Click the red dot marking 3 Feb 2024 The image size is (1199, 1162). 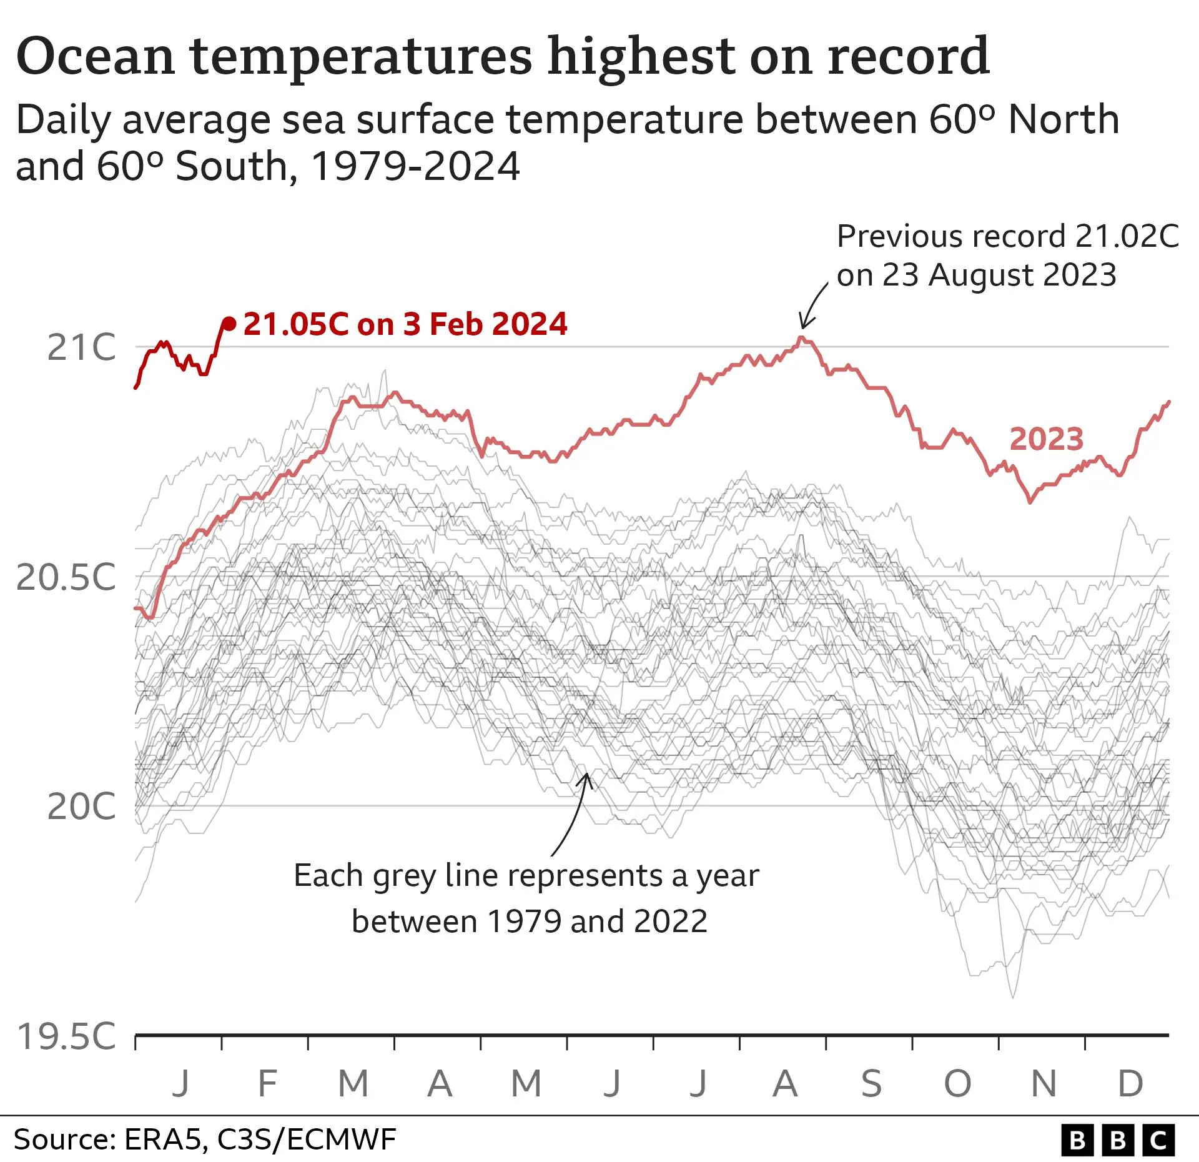pyautogui.click(x=229, y=324)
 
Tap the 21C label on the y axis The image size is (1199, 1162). pyautogui.click(x=81, y=347)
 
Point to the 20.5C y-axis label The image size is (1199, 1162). pyautogui.click(x=66, y=577)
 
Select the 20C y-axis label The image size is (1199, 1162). pyautogui.click(x=81, y=807)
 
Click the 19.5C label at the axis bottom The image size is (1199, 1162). pyautogui.click(x=66, y=1036)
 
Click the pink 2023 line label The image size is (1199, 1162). pyautogui.click(x=1046, y=439)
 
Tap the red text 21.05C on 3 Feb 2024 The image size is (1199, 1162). pyautogui.click(x=405, y=324)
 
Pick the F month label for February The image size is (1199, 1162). pyautogui.click(x=267, y=1084)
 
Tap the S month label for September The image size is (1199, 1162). pyautogui.click(x=871, y=1084)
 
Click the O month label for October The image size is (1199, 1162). pyautogui.click(x=957, y=1084)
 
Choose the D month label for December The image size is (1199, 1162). pyautogui.click(x=1130, y=1084)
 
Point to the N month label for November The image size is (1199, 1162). pyautogui.click(x=1044, y=1084)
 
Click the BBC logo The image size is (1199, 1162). pyautogui.click(x=1118, y=1140)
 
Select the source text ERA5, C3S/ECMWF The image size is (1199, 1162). pyautogui.click(x=260, y=1140)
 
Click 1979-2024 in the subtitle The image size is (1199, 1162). pyautogui.click(x=415, y=167)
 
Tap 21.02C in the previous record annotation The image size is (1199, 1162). pyautogui.click(x=1127, y=236)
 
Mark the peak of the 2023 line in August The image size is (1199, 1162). pyautogui.click(x=801, y=338)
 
